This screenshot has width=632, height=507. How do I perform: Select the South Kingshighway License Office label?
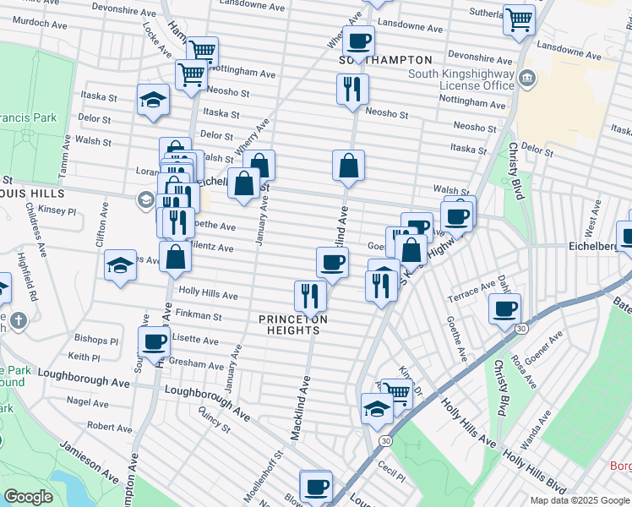pyautogui.click(x=461, y=80)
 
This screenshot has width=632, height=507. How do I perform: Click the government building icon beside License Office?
pyautogui.click(x=528, y=79)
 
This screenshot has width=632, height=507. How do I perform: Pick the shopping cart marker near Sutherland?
pyautogui.click(x=519, y=19)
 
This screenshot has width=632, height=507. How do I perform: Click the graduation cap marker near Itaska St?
pyautogui.click(x=153, y=100)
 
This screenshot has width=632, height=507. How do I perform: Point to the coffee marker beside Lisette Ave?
pyautogui.click(x=154, y=342)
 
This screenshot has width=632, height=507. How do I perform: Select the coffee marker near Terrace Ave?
pyautogui.click(x=504, y=308)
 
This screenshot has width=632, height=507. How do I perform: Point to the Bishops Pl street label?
pyautogui.click(x=102, y=341)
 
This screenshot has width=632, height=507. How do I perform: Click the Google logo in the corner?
pyautogui.click(x=28, y=498)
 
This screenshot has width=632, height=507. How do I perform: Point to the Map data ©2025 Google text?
pyautogui.click(x=580, y=500)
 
